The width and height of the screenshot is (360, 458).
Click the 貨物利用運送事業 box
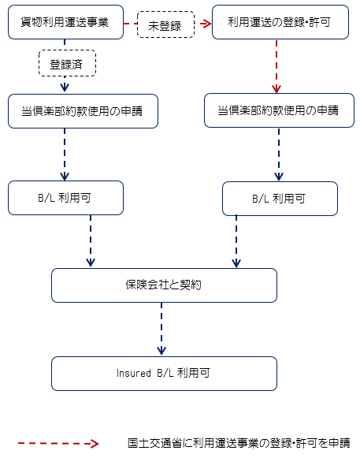tap(65, 22)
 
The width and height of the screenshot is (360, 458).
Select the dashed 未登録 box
tap(165, 24)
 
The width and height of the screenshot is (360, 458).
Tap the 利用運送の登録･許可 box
tap(280, 22)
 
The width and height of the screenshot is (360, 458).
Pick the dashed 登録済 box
tap(67, 63)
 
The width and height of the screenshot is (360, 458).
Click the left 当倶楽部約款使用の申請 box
tap(83, 111)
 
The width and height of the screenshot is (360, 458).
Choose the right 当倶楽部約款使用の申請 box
tap(279, 110)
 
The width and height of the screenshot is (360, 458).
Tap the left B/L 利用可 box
tap(65, 198)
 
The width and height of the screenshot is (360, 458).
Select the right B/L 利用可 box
tap(280, 199)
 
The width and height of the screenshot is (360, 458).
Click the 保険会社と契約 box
tap(164, 285)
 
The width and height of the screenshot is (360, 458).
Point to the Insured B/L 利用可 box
tap(164, 374)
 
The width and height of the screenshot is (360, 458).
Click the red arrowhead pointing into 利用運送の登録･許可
tap(206, 24)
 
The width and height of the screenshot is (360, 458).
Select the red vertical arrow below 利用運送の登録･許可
tap(276, 66)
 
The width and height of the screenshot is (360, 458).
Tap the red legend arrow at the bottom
tap(58, 443)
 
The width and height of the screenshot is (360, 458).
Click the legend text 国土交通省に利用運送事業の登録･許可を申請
tap(239, 443)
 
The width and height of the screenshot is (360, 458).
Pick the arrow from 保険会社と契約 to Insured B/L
tap(161, 330)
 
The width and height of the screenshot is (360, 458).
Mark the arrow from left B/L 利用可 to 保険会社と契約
tap(91, 241)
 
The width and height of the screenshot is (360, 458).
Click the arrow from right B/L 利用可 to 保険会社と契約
tap(236, 241)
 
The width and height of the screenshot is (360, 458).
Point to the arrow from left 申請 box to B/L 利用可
tap(65, 155)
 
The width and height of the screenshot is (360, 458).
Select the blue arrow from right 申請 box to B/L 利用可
tap(279, 155)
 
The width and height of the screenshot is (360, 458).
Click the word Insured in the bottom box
tap(134, 374)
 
